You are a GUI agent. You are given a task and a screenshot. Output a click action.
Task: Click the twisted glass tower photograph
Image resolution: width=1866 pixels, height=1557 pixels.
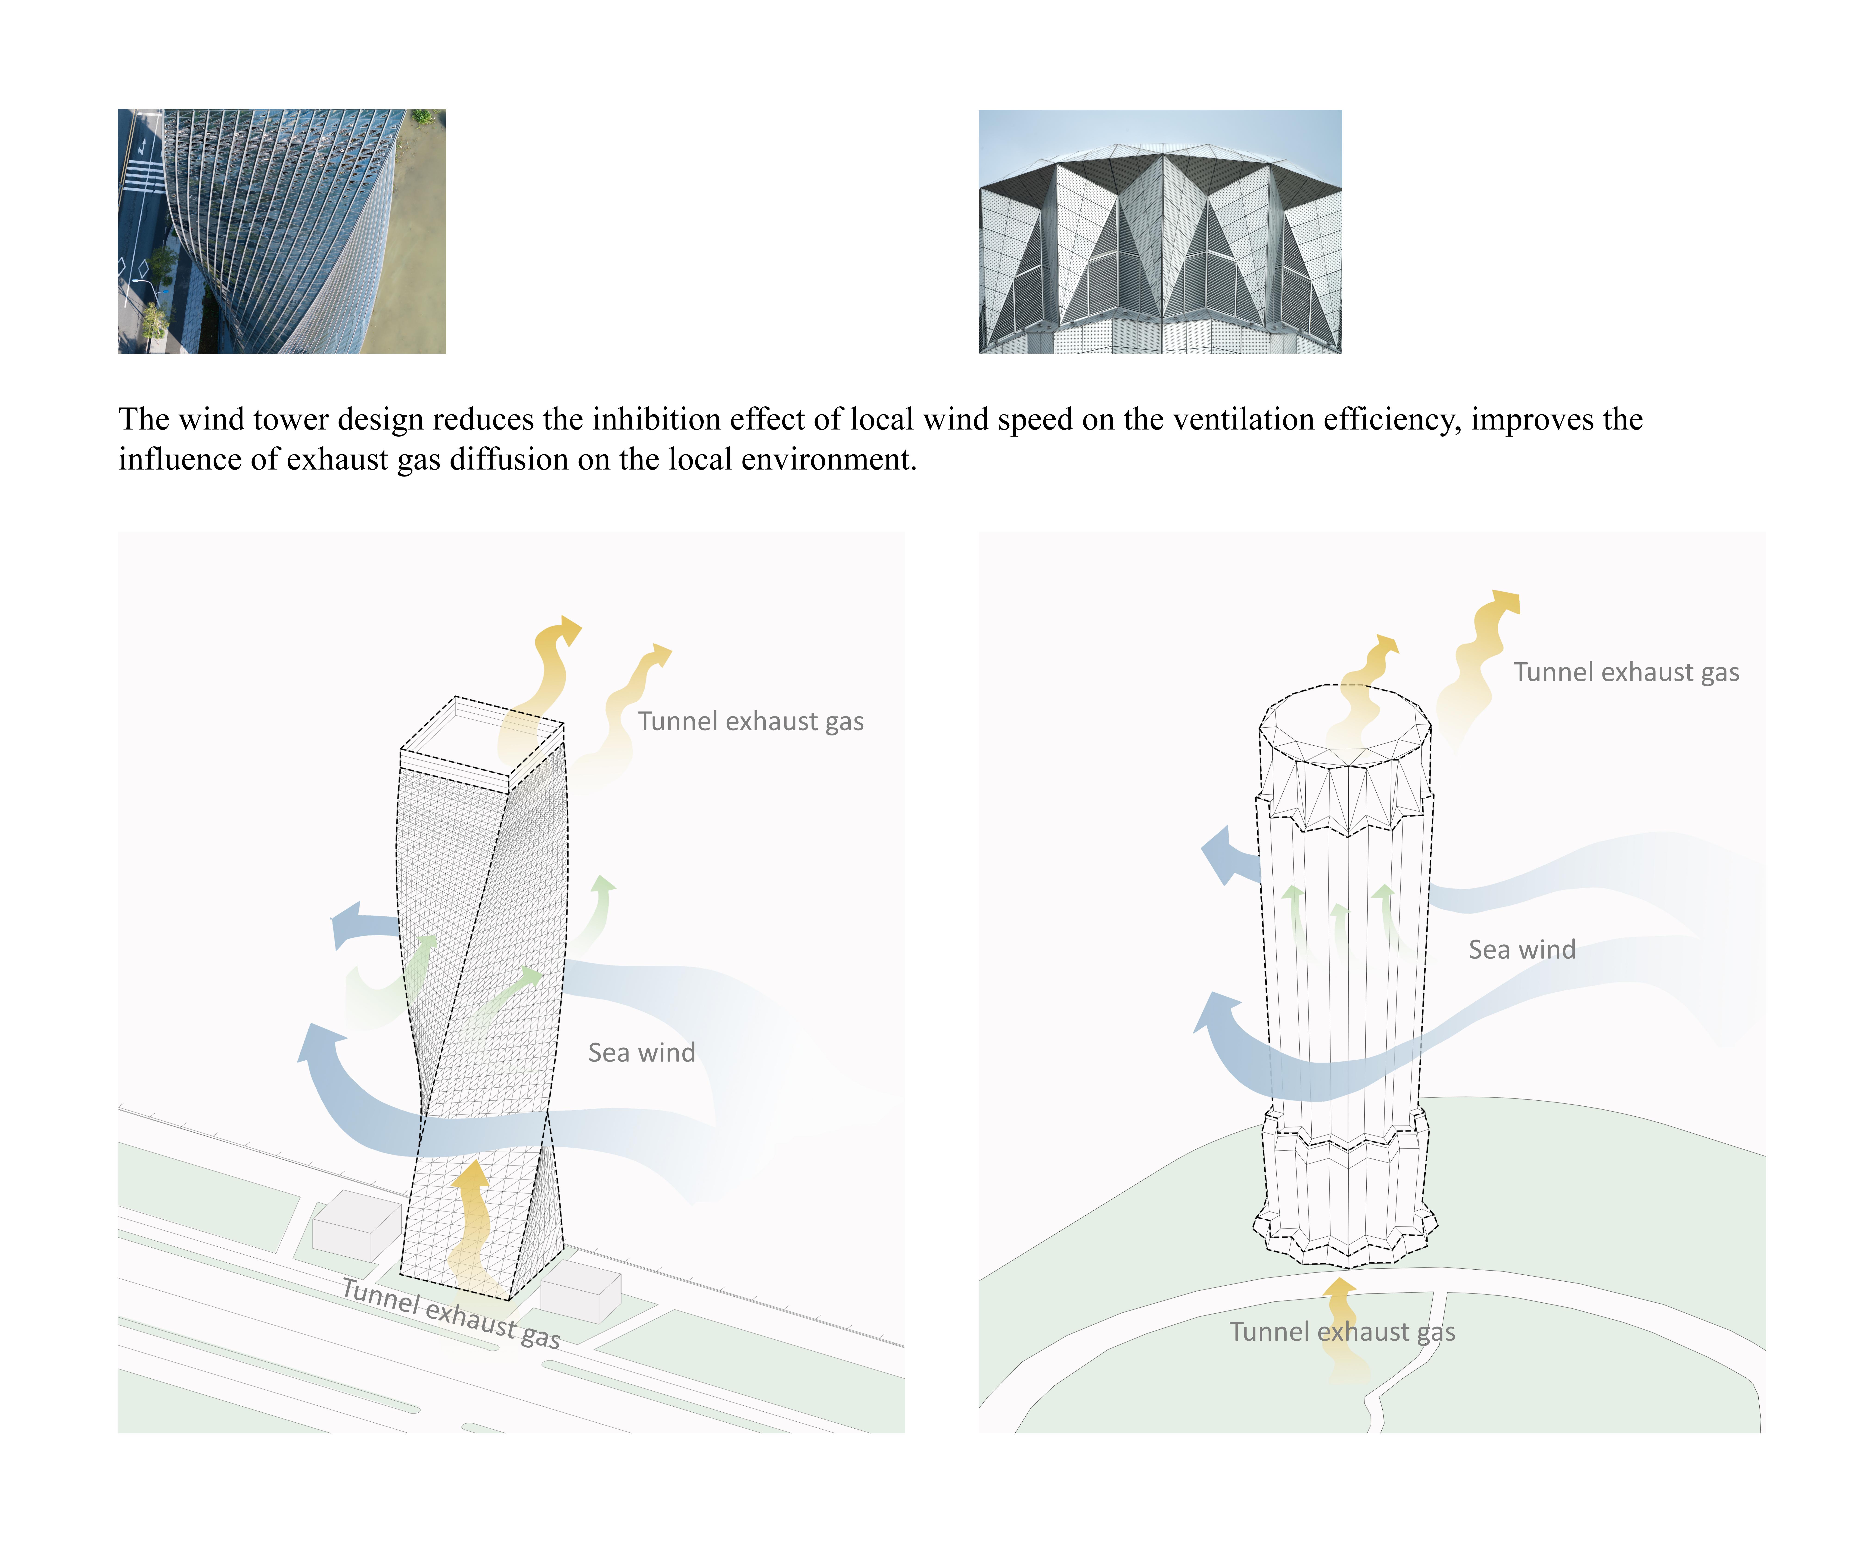[x=282, y=231]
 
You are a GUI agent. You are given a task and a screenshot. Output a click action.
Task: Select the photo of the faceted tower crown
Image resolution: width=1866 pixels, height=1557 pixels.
[x=1160, y=231]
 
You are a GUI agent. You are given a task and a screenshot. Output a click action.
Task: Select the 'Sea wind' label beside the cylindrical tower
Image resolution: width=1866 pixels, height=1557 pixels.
[x=1521, y=949]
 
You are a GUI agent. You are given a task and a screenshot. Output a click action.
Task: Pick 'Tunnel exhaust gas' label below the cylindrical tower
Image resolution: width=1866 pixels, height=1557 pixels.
[x=1342, y=1331]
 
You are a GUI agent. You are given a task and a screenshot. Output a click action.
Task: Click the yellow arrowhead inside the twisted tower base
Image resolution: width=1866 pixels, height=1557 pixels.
[x=471, y=1175]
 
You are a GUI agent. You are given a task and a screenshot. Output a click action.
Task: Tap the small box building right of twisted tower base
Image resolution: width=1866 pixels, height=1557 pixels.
[x=580, y=1293]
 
